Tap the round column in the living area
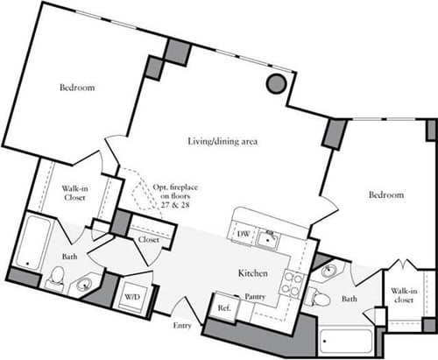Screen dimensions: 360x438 point(275,83)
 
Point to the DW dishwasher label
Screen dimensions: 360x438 point(244,234)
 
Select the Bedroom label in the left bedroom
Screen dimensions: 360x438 point(77,88)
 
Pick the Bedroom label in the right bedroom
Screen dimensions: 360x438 point(385,194)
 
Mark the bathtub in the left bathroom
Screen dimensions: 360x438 point(33,243)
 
